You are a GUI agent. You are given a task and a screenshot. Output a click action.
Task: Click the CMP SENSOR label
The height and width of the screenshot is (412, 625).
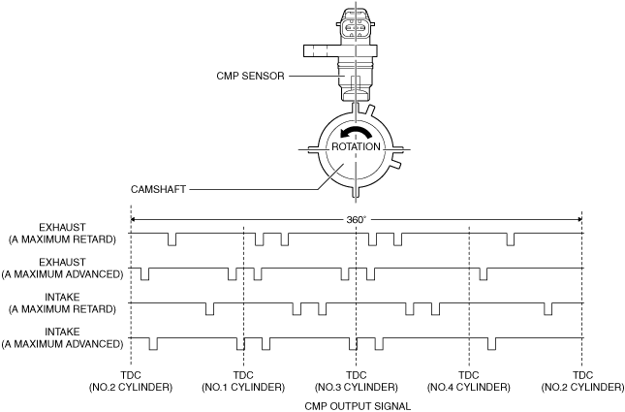(x=250, y=76)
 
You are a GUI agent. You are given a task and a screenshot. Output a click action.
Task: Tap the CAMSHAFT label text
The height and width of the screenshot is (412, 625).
(x=158, y=189)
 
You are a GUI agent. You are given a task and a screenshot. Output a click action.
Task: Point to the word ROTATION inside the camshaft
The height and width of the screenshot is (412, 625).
(x=356, y=146)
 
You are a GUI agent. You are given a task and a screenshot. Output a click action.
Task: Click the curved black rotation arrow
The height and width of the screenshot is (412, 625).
(x=356, y=133)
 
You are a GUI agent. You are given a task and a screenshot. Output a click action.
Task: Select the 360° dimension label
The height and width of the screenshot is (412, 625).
(x=356, y=220)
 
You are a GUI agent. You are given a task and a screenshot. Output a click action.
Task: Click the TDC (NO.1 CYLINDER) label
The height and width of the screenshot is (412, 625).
(x=243, y=381)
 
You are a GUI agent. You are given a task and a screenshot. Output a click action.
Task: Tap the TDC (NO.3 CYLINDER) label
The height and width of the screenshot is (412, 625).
(x=356, y=381)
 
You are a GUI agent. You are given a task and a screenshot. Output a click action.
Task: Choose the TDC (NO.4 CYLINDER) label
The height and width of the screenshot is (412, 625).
(x=468, y=381)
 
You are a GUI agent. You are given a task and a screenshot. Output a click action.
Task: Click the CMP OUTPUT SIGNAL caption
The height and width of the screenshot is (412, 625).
(x=358, y=406)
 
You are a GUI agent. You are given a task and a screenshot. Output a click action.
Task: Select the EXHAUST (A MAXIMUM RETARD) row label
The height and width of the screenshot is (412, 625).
(x=62, y=234)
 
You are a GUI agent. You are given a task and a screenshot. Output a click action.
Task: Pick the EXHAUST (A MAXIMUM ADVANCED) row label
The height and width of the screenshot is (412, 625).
(x=62, y=269)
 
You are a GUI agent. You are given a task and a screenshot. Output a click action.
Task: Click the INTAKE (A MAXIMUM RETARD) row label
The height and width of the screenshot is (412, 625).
(x=62, y=303)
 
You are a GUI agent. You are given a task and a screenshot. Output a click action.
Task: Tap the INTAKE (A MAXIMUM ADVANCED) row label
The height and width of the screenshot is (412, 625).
(x=62, y=337)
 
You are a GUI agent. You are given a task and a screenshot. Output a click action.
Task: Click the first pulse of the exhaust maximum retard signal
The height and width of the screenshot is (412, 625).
(x=172, y=239)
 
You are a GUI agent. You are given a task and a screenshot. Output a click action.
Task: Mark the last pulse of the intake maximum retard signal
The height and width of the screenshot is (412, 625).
(x=548, y=309)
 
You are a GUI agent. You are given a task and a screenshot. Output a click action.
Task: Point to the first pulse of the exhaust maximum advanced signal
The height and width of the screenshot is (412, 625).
(x=144, y=274)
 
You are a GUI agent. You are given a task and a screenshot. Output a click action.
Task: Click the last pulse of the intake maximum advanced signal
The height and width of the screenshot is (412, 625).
(x=492, y=344)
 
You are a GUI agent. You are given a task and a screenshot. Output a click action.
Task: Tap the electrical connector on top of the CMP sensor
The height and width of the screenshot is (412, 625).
(x=356, y=24)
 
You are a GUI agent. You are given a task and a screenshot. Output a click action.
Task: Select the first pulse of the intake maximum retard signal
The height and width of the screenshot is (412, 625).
(x=209, y=309)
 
